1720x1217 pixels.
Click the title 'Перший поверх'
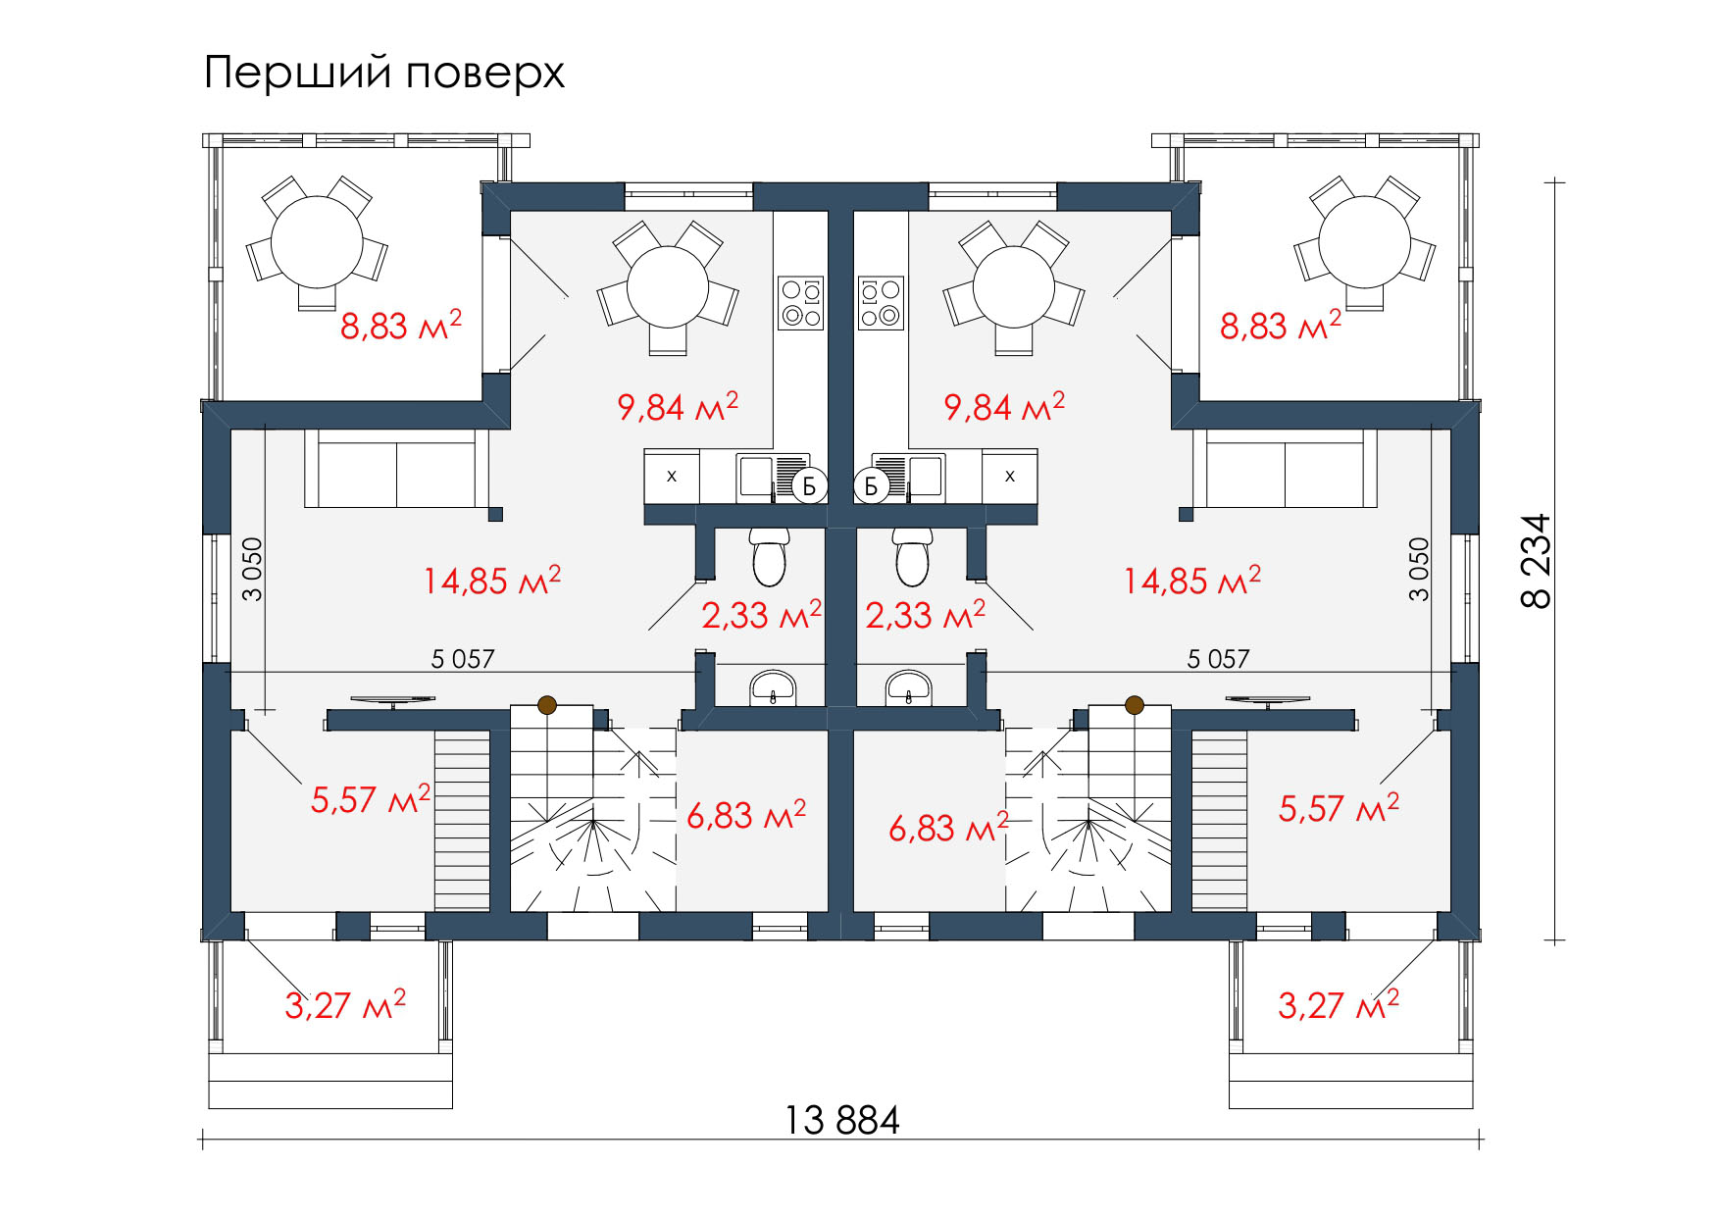384,74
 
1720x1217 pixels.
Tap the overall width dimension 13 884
842,1119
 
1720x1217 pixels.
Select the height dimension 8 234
1537,561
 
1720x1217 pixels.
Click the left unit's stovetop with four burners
801,303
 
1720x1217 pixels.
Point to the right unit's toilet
914,555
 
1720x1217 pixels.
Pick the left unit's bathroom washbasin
775,687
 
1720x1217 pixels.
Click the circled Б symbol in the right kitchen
871,485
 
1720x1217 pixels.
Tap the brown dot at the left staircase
547,704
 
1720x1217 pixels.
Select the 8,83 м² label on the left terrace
400,325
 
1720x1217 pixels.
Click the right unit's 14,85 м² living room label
1191,581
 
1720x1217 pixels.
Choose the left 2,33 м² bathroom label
762,615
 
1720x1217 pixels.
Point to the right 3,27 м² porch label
1339,1004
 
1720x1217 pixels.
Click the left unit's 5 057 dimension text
463,659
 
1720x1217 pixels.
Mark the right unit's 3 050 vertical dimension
1419,569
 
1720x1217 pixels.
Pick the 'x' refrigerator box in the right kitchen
1010,477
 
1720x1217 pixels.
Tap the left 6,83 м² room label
746,814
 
